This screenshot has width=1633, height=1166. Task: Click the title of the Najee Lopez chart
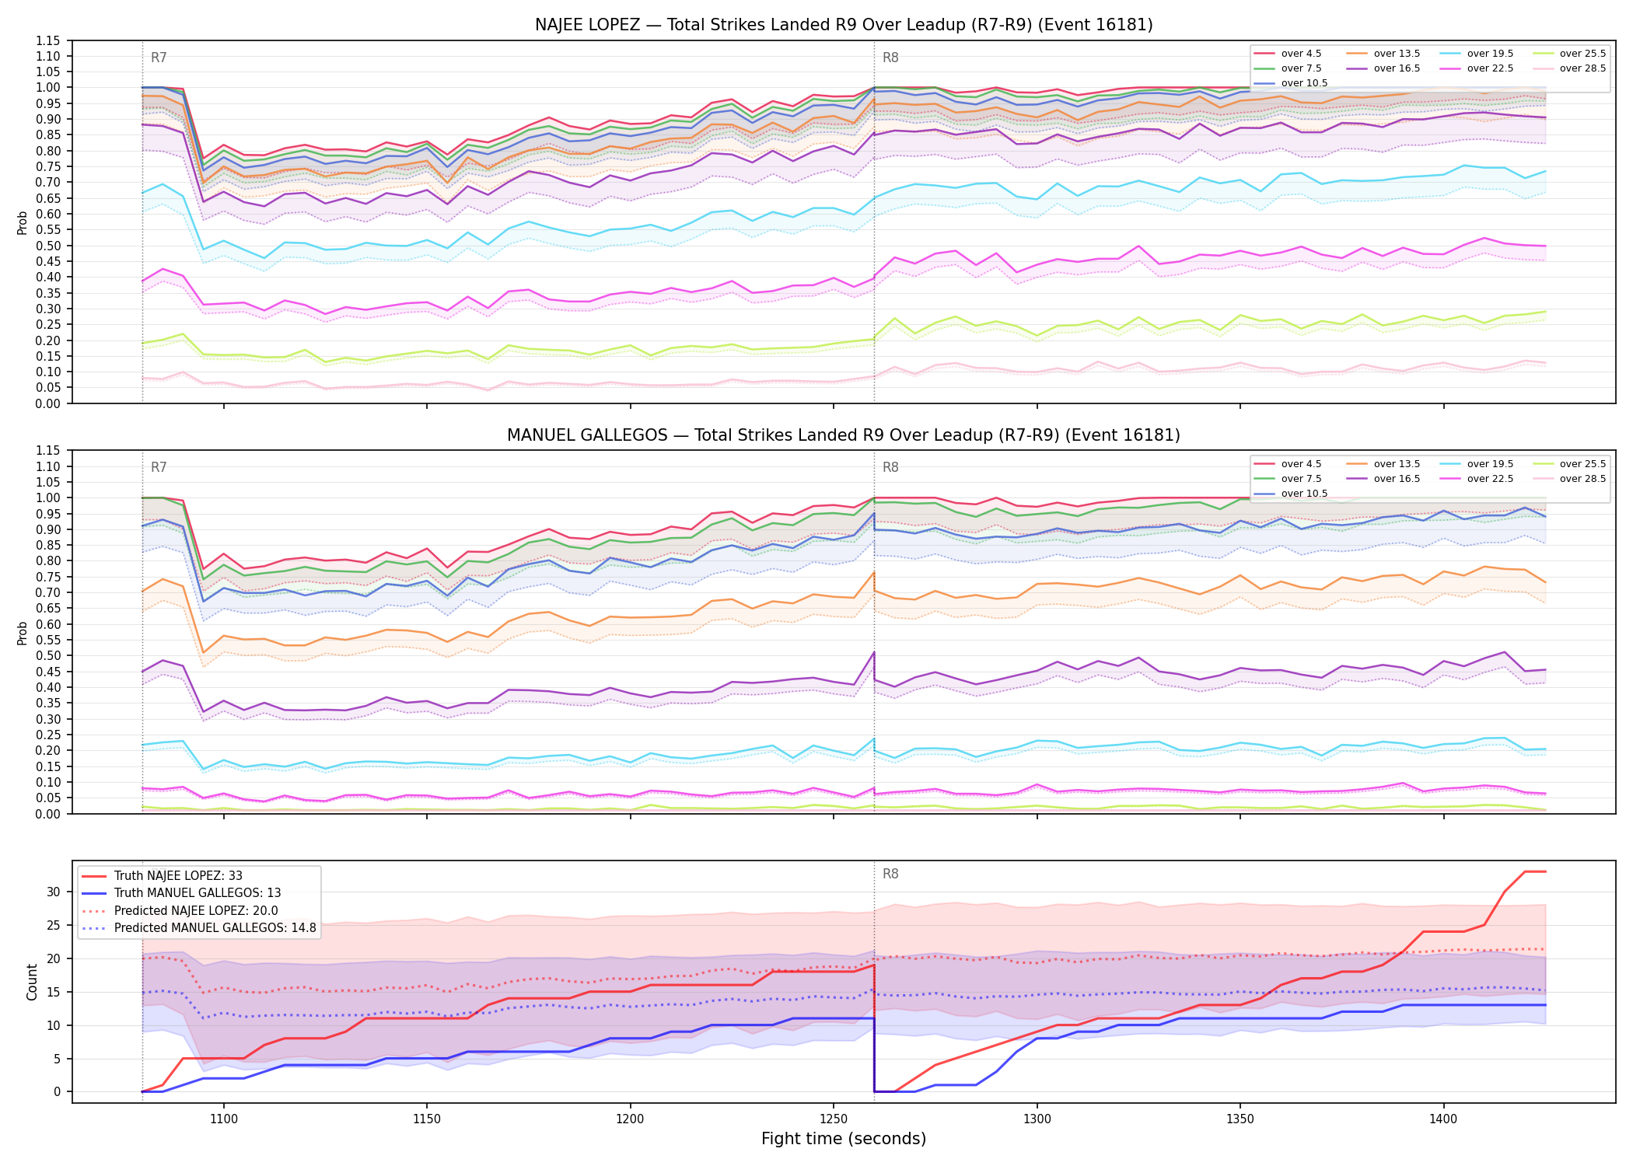point(844,25)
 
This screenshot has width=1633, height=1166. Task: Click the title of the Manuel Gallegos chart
point(844,435)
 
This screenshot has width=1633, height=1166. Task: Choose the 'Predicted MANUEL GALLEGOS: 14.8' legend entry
point(198,928)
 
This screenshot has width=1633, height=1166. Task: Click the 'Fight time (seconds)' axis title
point(844,1139)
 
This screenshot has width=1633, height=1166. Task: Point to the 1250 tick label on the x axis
point(834,1119)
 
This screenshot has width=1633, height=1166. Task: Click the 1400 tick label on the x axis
point(1443,1119)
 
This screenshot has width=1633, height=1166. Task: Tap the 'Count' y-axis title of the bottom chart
point(33,982)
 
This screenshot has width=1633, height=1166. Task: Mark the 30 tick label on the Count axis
point(54,892)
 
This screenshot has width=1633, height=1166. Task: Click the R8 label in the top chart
point(890,58)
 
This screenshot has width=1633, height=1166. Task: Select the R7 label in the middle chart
point(159,467)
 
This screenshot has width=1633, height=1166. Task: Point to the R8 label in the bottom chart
point(890,874)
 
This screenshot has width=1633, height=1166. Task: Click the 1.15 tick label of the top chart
point(48,40)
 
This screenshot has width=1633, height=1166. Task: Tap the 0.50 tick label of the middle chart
point(48,656)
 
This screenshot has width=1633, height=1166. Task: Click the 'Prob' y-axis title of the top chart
point(23,222)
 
